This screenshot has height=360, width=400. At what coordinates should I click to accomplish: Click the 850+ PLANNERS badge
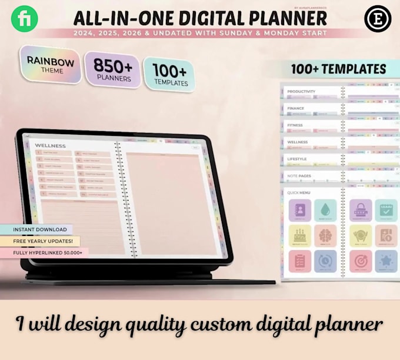(112, 69)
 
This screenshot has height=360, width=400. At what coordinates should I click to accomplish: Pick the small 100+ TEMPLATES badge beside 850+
(169, 75)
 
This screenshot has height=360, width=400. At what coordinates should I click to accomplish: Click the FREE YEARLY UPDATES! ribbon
(40, 241)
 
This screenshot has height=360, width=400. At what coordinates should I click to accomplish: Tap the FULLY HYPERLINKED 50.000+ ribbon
(44, 252)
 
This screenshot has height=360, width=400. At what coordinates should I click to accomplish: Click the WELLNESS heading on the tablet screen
(51, 145)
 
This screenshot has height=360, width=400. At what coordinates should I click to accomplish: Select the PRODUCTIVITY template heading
(301, 91)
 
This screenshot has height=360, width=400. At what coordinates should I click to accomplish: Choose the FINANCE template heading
(295, 108)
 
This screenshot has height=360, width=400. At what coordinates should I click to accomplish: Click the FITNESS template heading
(295, 125)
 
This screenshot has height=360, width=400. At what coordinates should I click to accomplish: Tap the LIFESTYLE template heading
(297, 159)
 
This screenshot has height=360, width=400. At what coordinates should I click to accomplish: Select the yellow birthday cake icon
(300, 235)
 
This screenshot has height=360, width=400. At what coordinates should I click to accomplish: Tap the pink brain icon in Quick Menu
(325, 235)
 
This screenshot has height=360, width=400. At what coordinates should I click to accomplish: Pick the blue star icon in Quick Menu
(386, 261)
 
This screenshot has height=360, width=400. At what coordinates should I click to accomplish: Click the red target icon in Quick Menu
(361, 261)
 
